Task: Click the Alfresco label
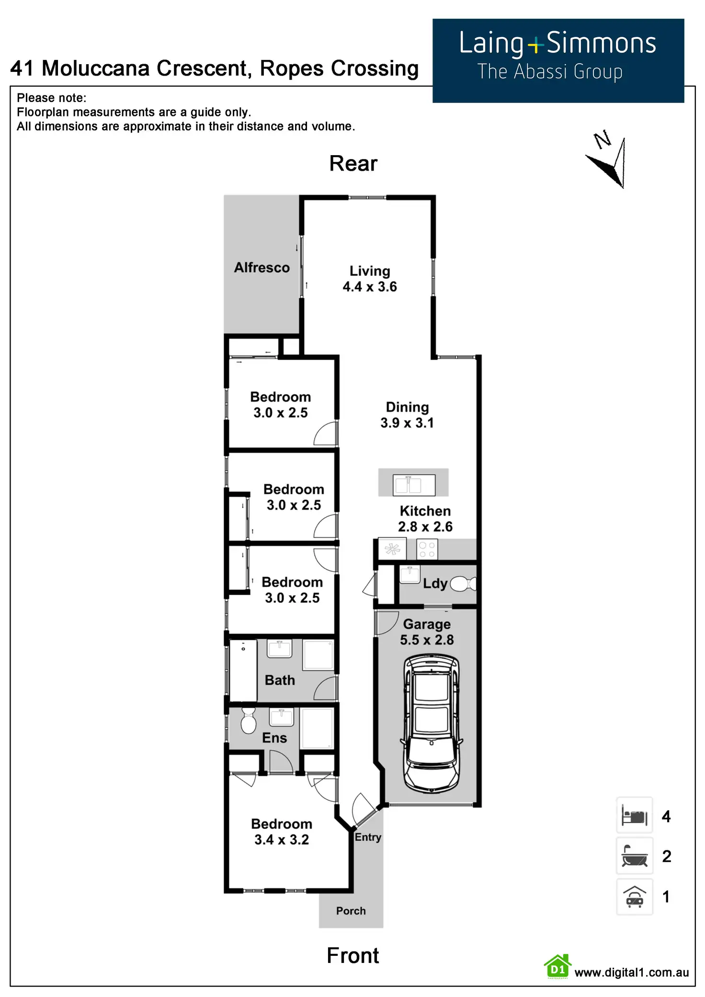262,267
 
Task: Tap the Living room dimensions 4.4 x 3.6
370,287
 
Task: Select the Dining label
407,407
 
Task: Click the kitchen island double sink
414,484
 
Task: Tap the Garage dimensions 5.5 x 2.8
427,640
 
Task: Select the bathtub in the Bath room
243,670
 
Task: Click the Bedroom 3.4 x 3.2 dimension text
282,839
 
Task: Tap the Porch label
351,911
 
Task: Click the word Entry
368,837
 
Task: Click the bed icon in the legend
634,816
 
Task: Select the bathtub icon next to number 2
634,856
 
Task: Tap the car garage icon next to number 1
634,896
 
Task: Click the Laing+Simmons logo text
557,44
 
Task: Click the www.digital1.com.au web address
631,972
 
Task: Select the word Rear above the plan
353,164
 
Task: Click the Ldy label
435,583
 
